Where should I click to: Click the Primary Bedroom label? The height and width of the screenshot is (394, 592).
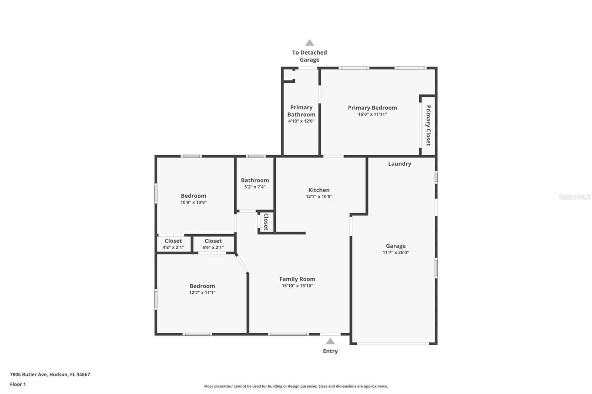[372, 108]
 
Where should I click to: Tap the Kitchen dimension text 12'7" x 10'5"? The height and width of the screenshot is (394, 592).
[319, 197]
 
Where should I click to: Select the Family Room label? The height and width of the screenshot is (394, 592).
[297, 279]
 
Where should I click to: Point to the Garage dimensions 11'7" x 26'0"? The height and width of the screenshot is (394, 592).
[396, 252]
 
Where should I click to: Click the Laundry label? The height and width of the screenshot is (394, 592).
[399, 164]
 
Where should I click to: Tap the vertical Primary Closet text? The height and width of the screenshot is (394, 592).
[428, 125]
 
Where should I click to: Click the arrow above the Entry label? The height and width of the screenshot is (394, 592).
[330, 342]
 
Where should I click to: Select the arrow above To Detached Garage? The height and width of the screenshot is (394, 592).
[309, 43]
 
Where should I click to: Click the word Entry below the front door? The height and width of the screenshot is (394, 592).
[330, 351]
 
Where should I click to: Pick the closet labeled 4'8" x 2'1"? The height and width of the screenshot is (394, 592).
[173, 244]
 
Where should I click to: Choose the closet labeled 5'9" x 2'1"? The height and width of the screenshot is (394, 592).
[213, 244]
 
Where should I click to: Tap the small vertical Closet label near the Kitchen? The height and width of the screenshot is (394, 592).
[266, 222]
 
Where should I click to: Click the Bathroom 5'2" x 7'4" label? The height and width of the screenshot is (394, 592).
[255, 183]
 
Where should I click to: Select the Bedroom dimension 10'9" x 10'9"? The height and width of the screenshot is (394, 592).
[194, 203]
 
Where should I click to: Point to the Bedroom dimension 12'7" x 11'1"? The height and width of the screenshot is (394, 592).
[202, 293]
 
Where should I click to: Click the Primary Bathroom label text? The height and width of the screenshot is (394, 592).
[301, 111]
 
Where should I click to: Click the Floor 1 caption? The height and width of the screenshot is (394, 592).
[18, 384]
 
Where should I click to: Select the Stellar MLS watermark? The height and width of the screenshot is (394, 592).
[574, 197]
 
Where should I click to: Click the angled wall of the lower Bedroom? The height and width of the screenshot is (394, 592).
[242, 264]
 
